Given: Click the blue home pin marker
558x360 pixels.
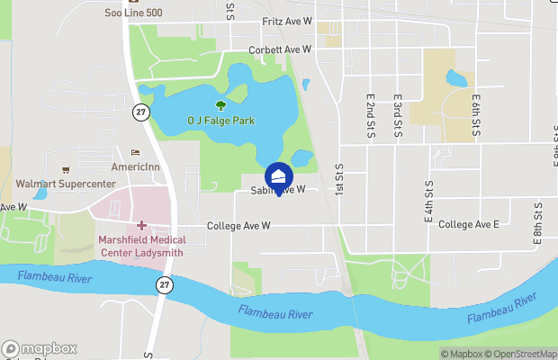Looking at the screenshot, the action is (x=279, y=175).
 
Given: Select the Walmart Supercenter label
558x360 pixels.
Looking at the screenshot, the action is (x=66, y=184).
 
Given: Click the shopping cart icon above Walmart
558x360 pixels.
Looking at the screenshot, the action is (x=66, y=169).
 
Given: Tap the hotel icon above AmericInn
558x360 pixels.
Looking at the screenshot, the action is (x=136, y=153).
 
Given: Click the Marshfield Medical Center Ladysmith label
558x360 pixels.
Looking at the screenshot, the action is (x=142, y=245).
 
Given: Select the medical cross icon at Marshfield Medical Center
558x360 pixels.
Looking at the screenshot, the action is (x=142, y=224).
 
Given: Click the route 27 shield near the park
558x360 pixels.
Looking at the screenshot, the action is (x=139, y=112).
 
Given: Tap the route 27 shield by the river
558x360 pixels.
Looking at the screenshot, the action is (x=163, y=284).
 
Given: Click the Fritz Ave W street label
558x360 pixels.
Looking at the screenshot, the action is (x=286, y=20).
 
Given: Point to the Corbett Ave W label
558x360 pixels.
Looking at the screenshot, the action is (x=280, y=49).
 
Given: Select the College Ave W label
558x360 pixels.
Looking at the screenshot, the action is (x=238, y=226).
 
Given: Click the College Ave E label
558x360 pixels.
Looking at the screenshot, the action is (x=469, y=223).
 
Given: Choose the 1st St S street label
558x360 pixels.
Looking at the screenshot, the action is (x=339, y=180).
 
